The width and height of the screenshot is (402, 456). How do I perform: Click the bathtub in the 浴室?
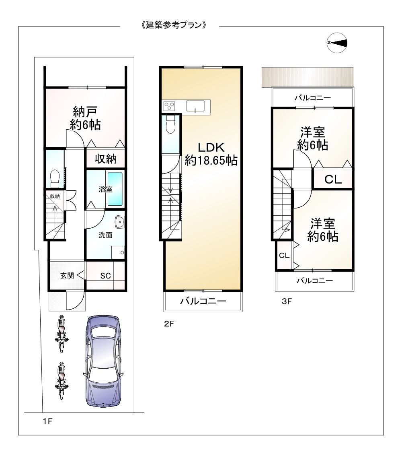[x=115, y=189]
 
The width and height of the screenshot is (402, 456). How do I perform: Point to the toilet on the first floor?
[x=55, y=177]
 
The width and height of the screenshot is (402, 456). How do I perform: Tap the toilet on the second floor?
[x=171, y=124]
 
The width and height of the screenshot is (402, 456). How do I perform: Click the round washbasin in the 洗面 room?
[x=119, y=222]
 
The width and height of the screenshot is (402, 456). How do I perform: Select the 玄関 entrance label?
[x=67, y=276]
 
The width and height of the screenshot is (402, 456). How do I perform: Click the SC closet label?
[x=105, y=276]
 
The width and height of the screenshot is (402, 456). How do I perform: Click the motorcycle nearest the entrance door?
[x=61, y=330]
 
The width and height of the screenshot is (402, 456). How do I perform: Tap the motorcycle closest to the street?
[x=61, y=380]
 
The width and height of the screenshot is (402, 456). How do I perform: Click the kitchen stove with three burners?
[x=169, y=107]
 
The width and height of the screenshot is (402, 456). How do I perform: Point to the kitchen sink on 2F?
[x=195, y=107]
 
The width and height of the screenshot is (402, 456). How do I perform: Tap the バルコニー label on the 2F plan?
[x=203, y=301]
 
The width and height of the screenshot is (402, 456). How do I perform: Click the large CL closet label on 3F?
[x=333, y=180]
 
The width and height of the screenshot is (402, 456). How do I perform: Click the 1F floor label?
[x=47, y=421]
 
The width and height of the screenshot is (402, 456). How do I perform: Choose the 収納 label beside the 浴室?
[x=106, y=159]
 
